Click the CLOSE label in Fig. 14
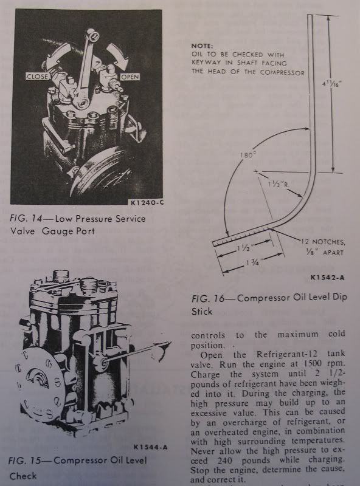(x=37, y=77)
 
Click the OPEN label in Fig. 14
(x=130, y=77)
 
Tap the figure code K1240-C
(x=147, y=203)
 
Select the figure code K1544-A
(x=151, y=447)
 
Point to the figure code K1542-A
(x=327, y=278)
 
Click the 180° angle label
(x=246, y=156)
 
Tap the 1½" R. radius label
(x=278, y=185)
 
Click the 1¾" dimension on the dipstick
(x=252, y=262)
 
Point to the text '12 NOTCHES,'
(x=323, y=241)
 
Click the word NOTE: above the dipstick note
(x=202, y=46)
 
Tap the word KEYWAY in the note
(x=206, y=63)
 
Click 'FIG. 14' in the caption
(x=26, y=219)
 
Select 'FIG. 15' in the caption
(x=24, y=460)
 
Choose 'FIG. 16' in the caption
(x=207, y=299)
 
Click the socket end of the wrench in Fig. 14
(x=92, y=35)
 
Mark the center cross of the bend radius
(x=255, y=171)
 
